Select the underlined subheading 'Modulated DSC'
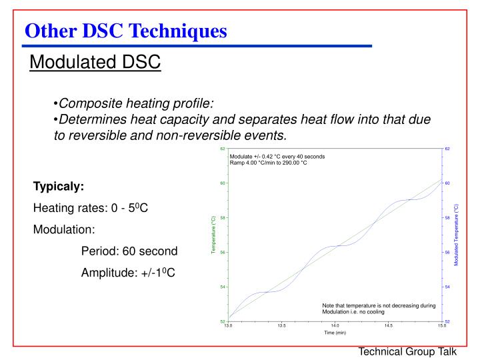tap(95, 63)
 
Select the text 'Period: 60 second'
tap(129, 251)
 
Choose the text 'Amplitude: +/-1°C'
tap(128, 273)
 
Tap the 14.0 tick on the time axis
tap(335, 325)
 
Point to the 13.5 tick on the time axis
tap(282, 325)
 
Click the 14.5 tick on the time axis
tap(388, 325)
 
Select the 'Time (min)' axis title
tap(335, 332)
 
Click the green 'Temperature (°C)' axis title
tap(213, 235)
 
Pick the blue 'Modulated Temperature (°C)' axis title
tap(457, 235)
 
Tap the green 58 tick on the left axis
tap(223, 217)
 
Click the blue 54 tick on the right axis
tap(447, 287)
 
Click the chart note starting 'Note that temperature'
tap(378, 309)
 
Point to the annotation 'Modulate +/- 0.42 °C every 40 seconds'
tap(277, 156)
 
